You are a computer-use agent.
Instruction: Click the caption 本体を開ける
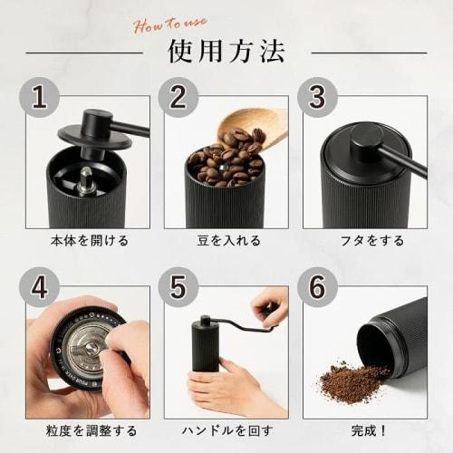coord(87,241)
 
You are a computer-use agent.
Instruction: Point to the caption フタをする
coord(365,241)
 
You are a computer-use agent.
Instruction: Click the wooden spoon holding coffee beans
coord(258,125)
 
